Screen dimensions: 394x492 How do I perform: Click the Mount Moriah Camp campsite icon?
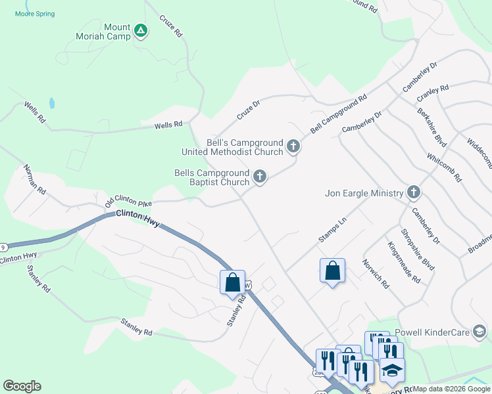click(140, 30)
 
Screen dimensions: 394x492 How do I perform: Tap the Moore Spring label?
click(35, 14)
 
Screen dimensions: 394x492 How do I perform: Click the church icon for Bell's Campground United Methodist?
click(293, 147)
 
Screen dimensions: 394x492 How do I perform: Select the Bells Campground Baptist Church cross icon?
click(260, 176)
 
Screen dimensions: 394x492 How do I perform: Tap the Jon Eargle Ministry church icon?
click(413, 192)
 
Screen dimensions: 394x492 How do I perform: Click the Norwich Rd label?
click(376, 274)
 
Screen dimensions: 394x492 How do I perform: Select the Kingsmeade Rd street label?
click(403, 262)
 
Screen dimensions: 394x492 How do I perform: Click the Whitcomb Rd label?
click(444, 167)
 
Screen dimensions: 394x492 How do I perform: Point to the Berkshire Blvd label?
click(431, 127)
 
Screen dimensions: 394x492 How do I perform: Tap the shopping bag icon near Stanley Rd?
click(232, 282)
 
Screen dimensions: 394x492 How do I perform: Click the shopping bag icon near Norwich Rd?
click(332, 270)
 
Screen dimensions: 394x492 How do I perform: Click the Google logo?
click(22, 386)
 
